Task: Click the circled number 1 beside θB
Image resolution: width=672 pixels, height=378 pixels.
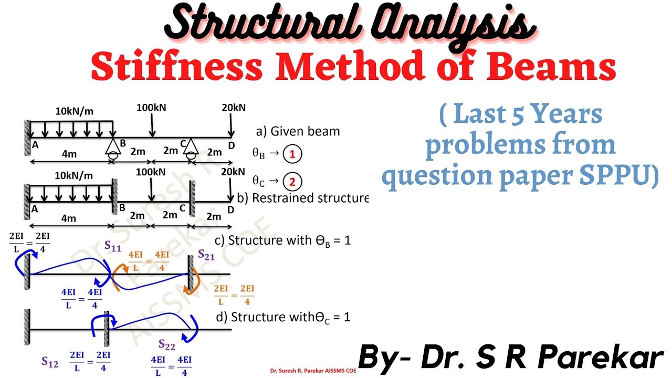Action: click(292, 154)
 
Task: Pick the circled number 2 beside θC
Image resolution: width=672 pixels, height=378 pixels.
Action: click(292, 182)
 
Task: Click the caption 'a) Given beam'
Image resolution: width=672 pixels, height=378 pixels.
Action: click(298, 131)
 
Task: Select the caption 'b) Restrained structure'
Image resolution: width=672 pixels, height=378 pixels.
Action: click(303, 198)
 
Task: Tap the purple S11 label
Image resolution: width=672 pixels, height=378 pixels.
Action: click(112, 245)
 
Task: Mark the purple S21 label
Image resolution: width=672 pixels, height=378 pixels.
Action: click(206, 255)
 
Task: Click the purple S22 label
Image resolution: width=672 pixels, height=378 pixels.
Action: click(167, 344)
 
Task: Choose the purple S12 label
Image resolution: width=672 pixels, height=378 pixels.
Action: click(50, 361)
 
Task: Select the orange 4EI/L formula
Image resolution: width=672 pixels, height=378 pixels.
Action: click(149, 261)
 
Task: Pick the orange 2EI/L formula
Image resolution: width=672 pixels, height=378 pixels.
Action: click(234, 295)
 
